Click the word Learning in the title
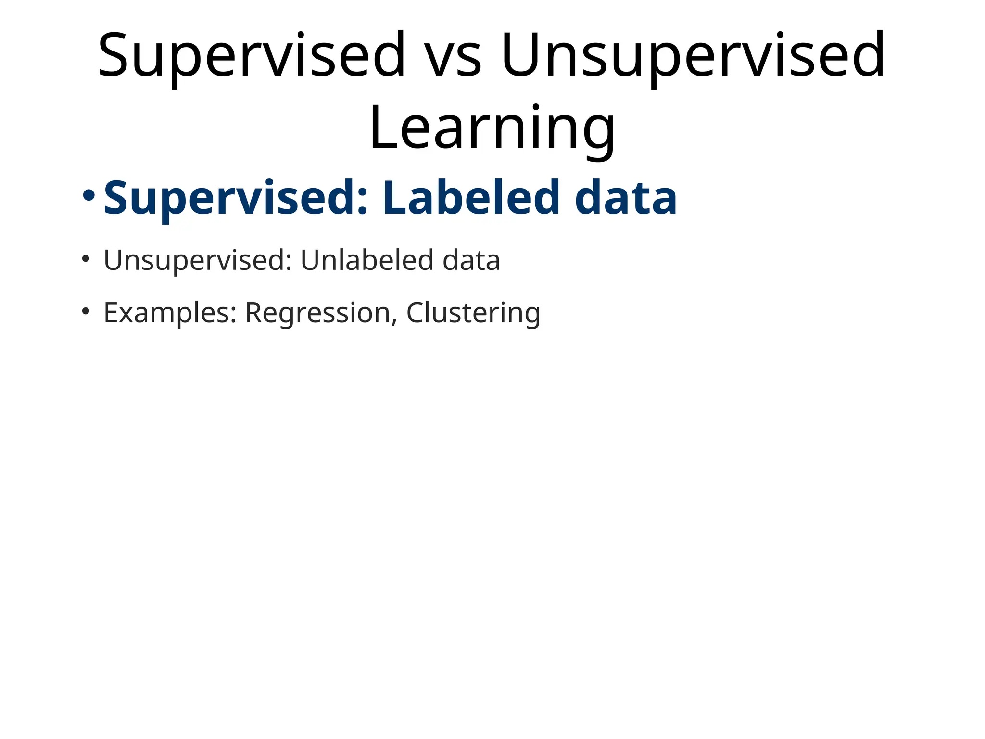point(492,129)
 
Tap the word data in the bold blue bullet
point(626,198)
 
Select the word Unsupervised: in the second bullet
point(198,260)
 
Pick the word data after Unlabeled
point(471,260)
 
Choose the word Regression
point(318,313)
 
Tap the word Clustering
point(473,313)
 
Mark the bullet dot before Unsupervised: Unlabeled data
point(86,259)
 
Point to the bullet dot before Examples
point(86,312)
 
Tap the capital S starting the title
point(115,56)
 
